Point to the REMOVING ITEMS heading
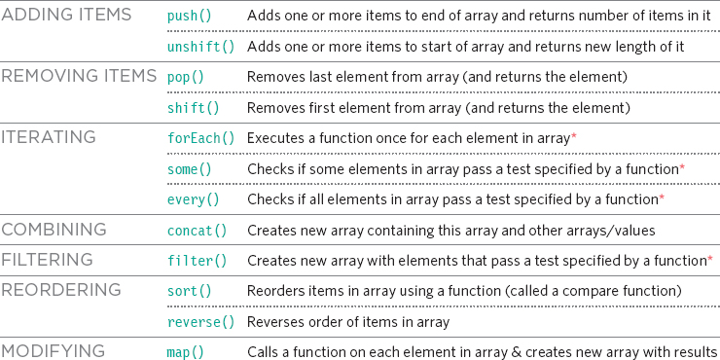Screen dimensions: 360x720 [x=79, y=76]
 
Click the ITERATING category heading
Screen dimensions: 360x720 [x=49, y=137]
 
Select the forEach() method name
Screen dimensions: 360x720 [x=200, y=138]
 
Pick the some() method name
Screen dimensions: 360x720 [x=189, y=169]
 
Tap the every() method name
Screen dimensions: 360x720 [x=193, y=199]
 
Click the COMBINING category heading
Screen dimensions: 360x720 [x=54, y=230]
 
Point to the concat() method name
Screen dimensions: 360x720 [x=197, y=231]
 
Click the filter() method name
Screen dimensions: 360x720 [x=197, y=261]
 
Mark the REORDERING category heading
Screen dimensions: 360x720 [x=60, y=290]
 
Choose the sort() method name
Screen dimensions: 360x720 [x=189, y=292]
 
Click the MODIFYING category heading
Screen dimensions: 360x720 [x=54, y=350]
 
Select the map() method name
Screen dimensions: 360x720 [x=185, y=351]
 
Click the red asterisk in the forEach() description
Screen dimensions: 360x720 [x=574, y=136]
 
